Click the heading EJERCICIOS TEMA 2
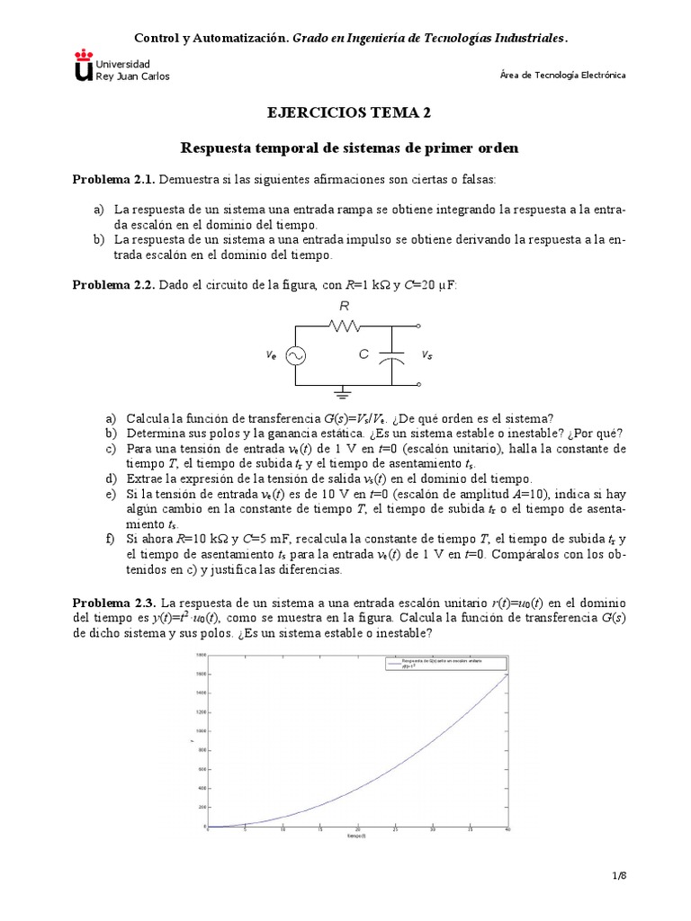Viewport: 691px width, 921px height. [x=345, y=112]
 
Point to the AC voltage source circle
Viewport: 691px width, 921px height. [x=294, y=356]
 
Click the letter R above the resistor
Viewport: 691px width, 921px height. [x=344, y=307]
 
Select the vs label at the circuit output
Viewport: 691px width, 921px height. [x=426, y=355]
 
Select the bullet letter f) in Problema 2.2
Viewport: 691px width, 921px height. [x=111, y=540]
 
